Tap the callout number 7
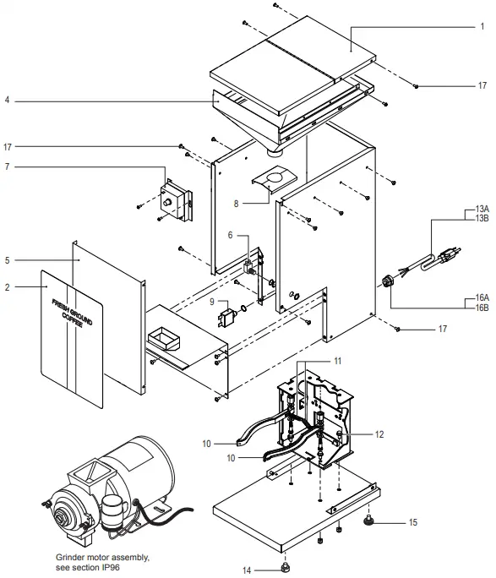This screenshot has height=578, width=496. pos(7,166)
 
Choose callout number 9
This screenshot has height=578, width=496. pos(211,302)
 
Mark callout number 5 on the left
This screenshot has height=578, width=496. pos(7,261)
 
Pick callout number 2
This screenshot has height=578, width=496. pos(7,286)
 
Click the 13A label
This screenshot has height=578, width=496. pos(483,208)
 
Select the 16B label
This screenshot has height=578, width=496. pos(483,308)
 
